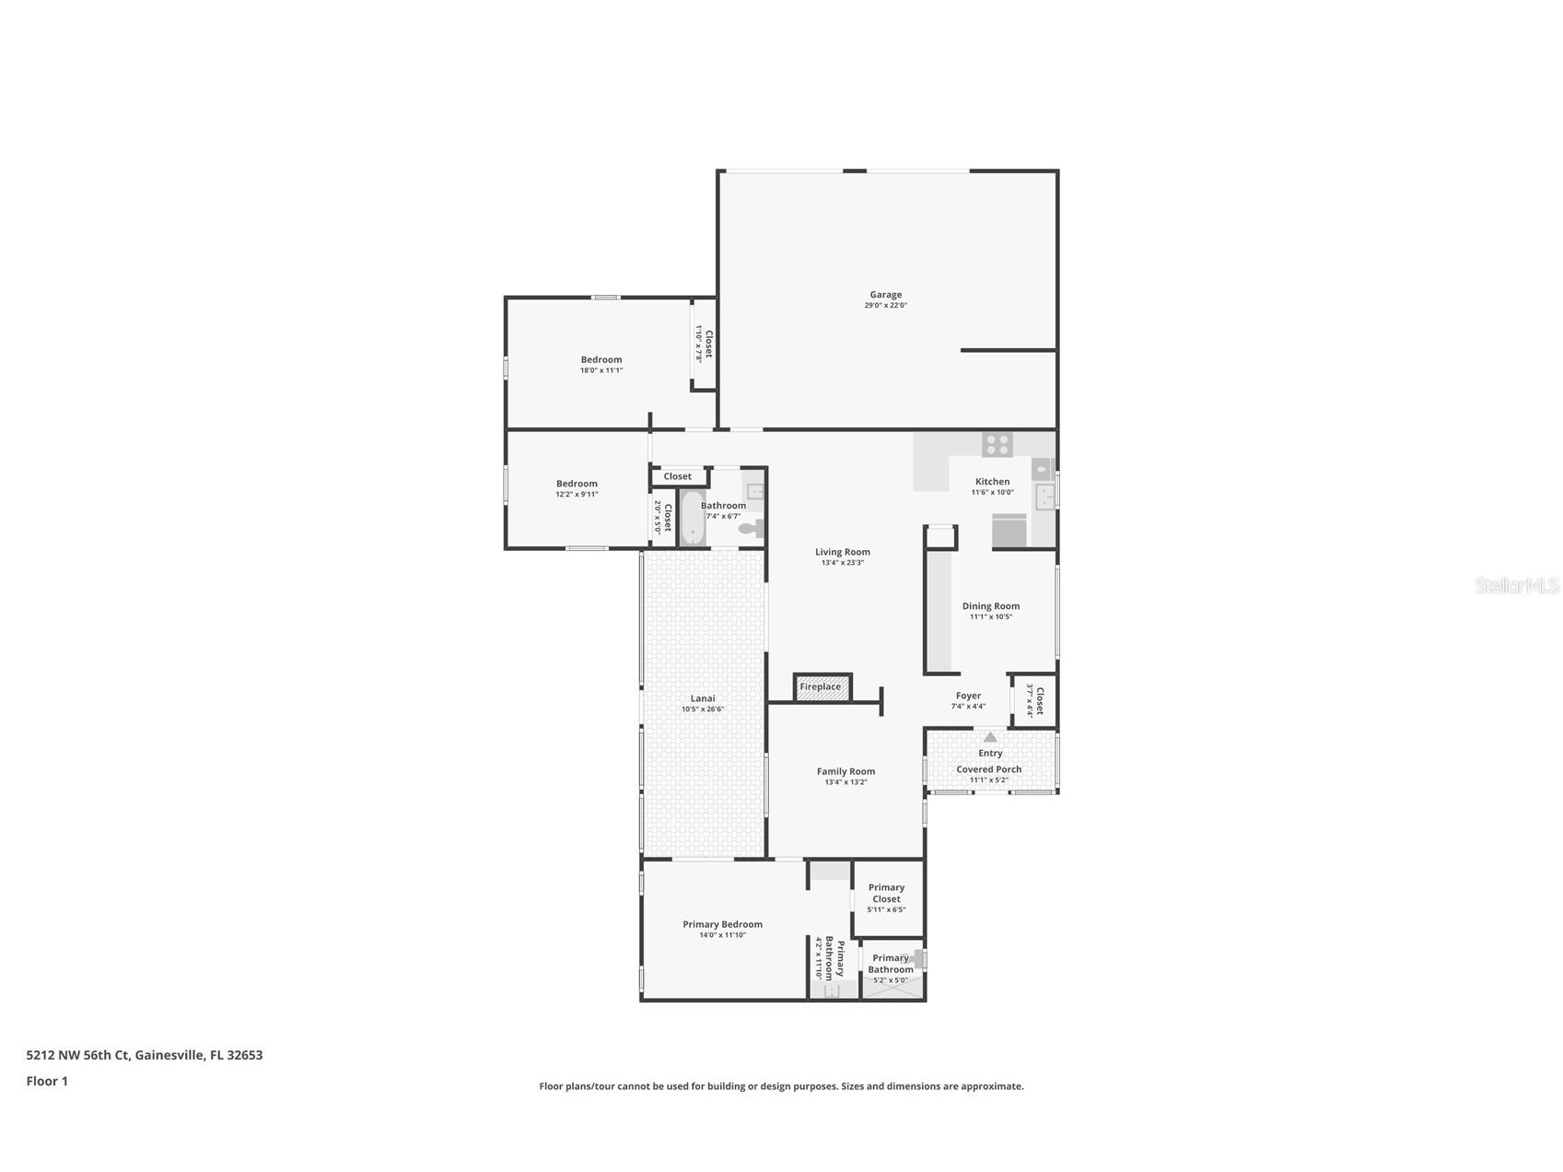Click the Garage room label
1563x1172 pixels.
886,295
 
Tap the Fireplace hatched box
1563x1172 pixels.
822,687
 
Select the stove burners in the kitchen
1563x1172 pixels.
997,445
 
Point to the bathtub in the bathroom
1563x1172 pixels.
691,518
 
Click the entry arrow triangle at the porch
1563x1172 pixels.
990,737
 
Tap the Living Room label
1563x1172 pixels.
843,552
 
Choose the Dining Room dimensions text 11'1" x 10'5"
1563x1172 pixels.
991,617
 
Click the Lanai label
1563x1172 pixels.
703,698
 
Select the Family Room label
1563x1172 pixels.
846,772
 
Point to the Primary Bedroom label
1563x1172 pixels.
723,925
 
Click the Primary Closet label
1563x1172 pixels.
887,894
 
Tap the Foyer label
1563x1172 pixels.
968,697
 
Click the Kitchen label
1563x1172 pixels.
993,482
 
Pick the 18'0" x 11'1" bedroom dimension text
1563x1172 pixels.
601,370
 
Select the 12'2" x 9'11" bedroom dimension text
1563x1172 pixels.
577,495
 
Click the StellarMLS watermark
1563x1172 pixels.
1517,585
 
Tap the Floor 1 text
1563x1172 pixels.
47,1082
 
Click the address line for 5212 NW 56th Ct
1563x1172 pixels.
145,1055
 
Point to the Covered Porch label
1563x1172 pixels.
989,769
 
